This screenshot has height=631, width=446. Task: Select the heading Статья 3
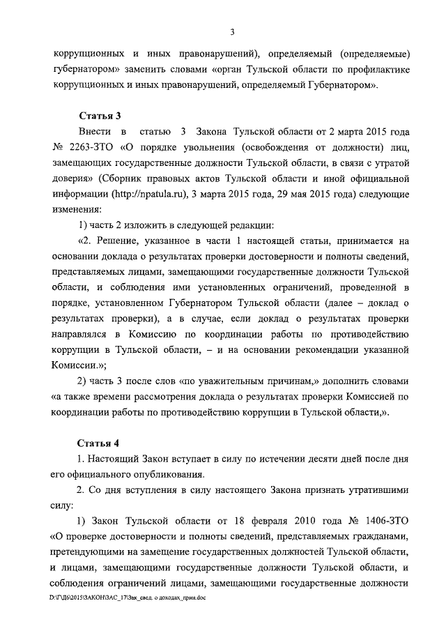98,116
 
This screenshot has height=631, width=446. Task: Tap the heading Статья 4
98,444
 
